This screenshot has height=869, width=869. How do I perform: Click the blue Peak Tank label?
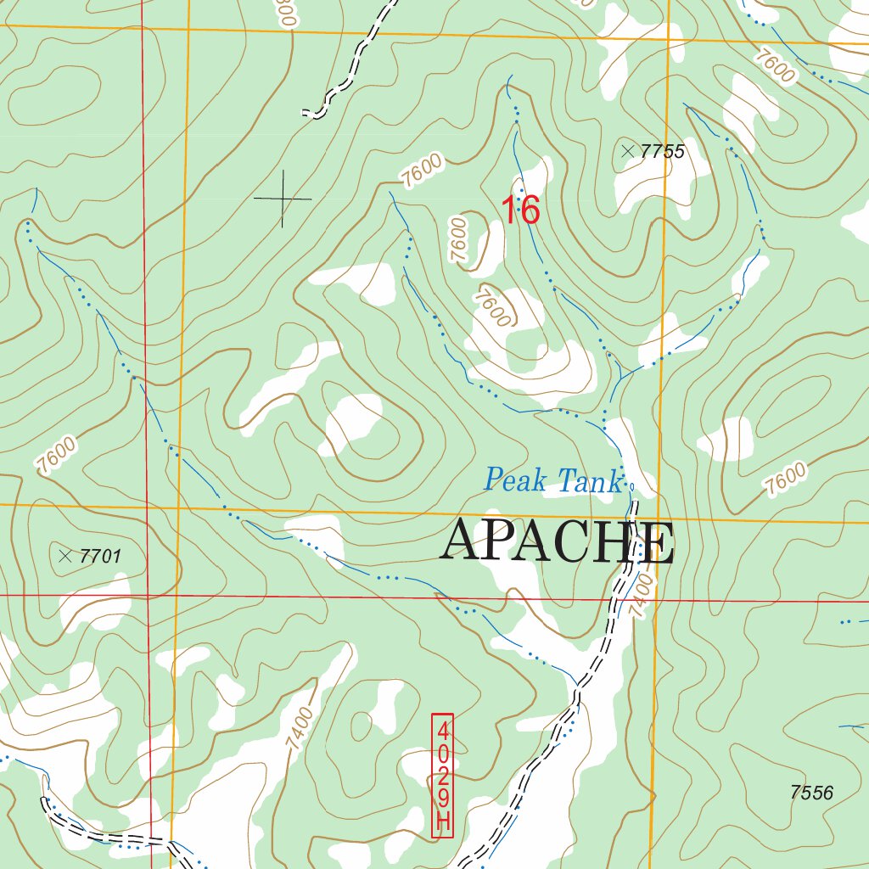[552, 480]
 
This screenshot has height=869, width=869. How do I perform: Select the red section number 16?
[520, 210]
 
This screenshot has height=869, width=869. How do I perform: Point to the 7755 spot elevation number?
[662, 152]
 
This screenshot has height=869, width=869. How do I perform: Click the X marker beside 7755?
[627, 151]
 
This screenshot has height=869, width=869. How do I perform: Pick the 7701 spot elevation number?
[100, 557]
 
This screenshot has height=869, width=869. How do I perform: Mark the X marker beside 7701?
[65, 556]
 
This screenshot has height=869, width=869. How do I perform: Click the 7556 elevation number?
[811, 793]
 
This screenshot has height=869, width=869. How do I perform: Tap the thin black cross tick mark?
[283, 199]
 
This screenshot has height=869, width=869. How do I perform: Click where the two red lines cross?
[146, 596]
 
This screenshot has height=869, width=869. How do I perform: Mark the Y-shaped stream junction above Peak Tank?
[622, 373]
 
